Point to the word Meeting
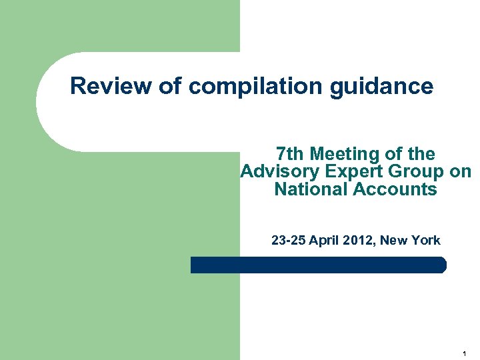point(346,155)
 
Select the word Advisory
point(277,172)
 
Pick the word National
point(311,189)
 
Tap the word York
point(425,241)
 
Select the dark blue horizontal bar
point(319,265)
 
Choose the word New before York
point(397,241)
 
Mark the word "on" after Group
point(461,172)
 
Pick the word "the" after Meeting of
point(421,155)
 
